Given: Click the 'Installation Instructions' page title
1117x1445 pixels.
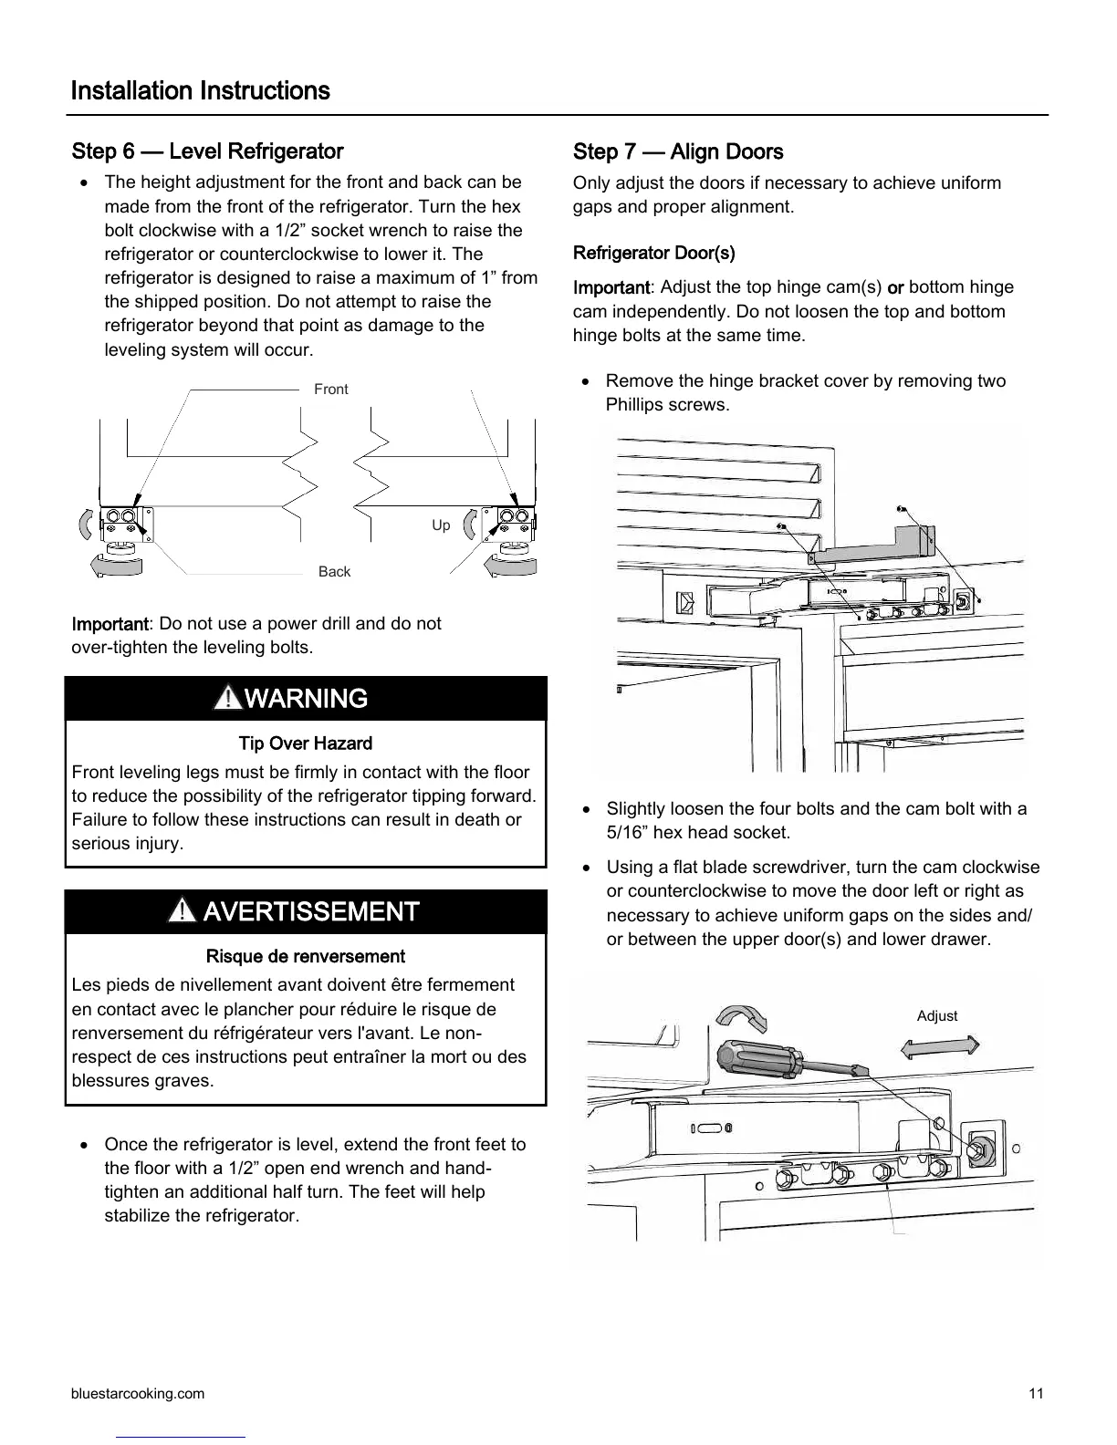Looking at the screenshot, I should pyautogui.click(x=200, y=91).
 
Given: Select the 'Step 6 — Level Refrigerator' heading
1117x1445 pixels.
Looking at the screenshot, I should pyautogui.click(x=207, y=151).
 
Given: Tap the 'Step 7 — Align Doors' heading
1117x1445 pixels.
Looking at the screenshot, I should pyautogui.click(x=677, y=152).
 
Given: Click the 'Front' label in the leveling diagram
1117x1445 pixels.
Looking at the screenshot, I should pyautogui.click(x=330, y=390).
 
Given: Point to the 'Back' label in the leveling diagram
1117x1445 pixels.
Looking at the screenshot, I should pyautogui.click(x=334, y=572).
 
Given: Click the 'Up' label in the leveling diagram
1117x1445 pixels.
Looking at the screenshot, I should pyautogui.click(x=441, y=525).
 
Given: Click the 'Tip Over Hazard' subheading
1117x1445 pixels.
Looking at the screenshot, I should pyautogui.click(x=305, y=743).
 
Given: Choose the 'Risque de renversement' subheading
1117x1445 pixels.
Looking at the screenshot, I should pyautogui.click(x=305, y=957).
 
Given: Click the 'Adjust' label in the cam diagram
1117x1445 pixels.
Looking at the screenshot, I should pyautogui.click(x=936, y=1016).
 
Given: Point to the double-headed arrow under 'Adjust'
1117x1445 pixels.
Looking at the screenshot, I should pyautogui.click(x=939, y=1046).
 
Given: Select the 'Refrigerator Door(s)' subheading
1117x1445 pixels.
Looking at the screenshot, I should pyautogui.click(x=653, y=253).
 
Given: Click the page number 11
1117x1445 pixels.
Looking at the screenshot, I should pyautogui.click(x=1035, y=1394).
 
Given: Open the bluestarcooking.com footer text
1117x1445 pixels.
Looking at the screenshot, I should pyautogui.click(x=138, y=1394).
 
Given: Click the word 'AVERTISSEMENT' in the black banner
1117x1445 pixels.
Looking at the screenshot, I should pyautogui.click(x=311, y=911).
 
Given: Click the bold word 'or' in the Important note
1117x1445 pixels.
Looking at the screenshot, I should pyautogui.click(x=894, y=288).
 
